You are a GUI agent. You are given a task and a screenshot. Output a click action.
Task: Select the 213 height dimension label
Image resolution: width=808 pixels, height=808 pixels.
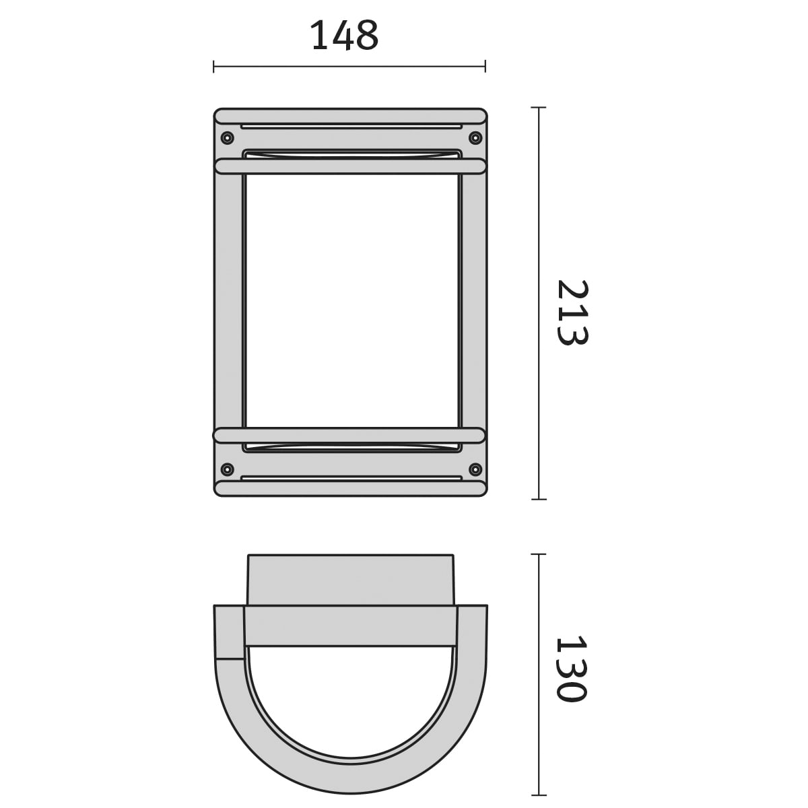tap(573, 312)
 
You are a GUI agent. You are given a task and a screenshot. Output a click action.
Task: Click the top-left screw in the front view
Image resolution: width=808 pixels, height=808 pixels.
tap(227, 137)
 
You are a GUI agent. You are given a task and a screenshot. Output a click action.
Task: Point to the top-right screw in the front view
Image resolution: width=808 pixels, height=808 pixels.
tap(475, 137)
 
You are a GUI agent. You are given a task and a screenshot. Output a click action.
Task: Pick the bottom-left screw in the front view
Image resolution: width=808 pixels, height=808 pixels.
tap(227, 469)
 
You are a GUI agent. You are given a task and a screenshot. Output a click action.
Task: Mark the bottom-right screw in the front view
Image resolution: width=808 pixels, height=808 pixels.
tap(475, 469)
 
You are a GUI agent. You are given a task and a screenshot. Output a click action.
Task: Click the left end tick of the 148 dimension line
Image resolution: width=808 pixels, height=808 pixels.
tap(213, 66)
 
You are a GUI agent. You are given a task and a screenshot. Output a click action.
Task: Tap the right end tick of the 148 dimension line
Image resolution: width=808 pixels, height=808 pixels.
tap(485, 66)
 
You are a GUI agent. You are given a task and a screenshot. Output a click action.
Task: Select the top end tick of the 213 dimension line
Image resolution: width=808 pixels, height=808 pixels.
tap(539, 108)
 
